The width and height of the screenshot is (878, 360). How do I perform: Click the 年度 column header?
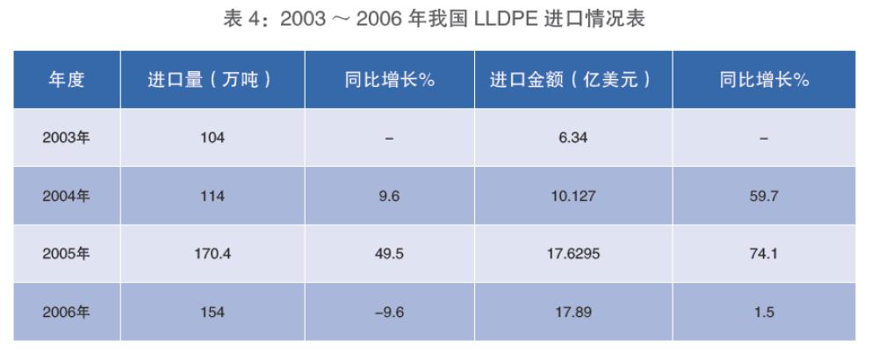[66, 80]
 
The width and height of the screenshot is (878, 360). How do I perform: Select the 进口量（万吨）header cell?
[212, 80]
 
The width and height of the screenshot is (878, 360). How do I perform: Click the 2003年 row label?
[66, 138]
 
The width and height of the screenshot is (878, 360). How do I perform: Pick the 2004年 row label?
[66, 196]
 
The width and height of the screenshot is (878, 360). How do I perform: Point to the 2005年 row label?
[66, 254]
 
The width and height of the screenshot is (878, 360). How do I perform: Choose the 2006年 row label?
[66, 312]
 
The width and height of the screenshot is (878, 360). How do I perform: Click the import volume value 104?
[212, 138]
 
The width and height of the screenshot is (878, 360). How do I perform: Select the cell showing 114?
[212, 196]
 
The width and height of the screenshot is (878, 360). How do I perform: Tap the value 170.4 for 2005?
[212, 254]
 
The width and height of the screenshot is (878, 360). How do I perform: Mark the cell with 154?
[212, 312]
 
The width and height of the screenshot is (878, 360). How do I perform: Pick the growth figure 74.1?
[763, 254]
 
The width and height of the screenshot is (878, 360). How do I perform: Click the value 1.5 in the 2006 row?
[763, 312]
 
